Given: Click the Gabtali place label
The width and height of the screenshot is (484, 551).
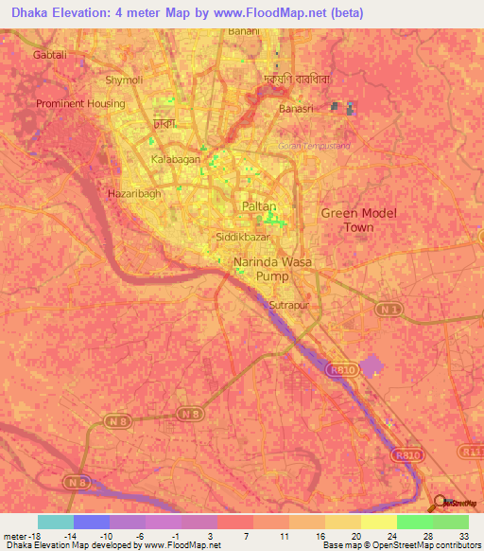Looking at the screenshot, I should click(x=51, y=55).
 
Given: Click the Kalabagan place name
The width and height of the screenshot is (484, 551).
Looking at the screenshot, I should click(x=177, y=160).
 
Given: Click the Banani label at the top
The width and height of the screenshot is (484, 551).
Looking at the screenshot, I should click(x=245, y=31).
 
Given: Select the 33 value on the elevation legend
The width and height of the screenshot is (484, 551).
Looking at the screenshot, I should click(x=463, y=535).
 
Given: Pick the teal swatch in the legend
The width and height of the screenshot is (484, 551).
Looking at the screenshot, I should click(x=56, y=522).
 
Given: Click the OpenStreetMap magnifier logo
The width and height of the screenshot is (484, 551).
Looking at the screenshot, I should click(x=441, y=504).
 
